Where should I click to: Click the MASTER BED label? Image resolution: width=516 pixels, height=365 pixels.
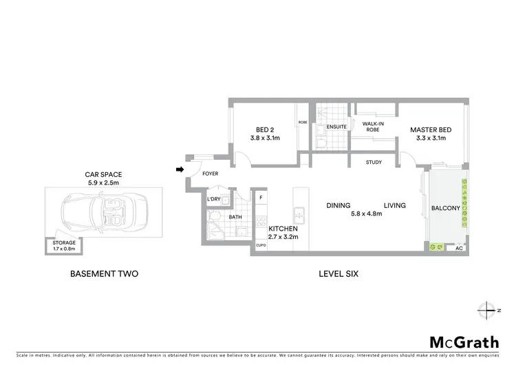(x=431, y=129)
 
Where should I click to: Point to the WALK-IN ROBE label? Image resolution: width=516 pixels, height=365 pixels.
(x=372, y=127)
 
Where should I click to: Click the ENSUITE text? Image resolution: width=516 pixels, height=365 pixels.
(x=336, y=127)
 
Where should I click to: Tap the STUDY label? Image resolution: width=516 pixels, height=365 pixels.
(x=374, y=163)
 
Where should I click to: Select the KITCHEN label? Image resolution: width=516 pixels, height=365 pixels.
(x=282, y=228)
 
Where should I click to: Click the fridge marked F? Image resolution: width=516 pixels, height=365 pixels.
(x=261, y=198)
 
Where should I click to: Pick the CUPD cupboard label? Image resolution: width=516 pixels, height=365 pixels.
(x=261, y=244)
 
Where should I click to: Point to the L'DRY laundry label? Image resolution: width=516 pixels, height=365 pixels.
(x=213, y=200)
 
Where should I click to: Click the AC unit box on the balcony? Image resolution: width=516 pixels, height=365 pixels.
(x=459, y=248)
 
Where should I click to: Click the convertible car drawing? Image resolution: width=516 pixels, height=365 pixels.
(x=102, y=211)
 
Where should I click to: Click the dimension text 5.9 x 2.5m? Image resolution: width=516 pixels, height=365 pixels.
(x=103, y=183)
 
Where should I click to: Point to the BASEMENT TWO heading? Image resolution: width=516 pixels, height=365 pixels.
(x=105, y=273)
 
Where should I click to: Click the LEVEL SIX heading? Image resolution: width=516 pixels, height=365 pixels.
(x=338, y=273)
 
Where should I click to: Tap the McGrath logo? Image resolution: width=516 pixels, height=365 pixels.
(x=464, y=342)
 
